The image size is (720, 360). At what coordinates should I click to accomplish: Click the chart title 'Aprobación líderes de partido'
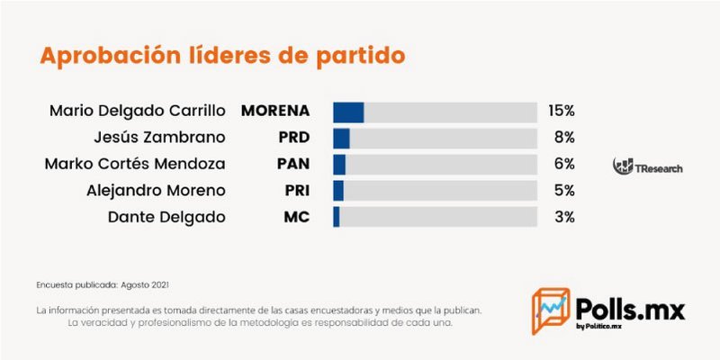(222, 55)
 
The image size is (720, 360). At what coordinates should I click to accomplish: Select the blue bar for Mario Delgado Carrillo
(348, 112)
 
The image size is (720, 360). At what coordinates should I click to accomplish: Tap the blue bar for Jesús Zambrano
(341, 138)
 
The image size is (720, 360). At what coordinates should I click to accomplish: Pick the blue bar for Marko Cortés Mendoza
(339, 165)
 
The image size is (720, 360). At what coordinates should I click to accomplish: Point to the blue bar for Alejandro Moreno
(338, 191)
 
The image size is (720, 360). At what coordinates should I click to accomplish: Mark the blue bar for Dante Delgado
(337, 217)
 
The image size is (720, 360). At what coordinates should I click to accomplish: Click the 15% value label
(561, 112)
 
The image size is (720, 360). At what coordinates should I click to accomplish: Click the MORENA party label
(275, 112)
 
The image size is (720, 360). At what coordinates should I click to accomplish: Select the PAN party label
(292, 165)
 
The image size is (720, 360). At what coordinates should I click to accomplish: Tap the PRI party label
(294, 191)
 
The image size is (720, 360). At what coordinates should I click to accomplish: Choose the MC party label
(297, 217)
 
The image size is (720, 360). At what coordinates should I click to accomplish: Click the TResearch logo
(647, 166)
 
